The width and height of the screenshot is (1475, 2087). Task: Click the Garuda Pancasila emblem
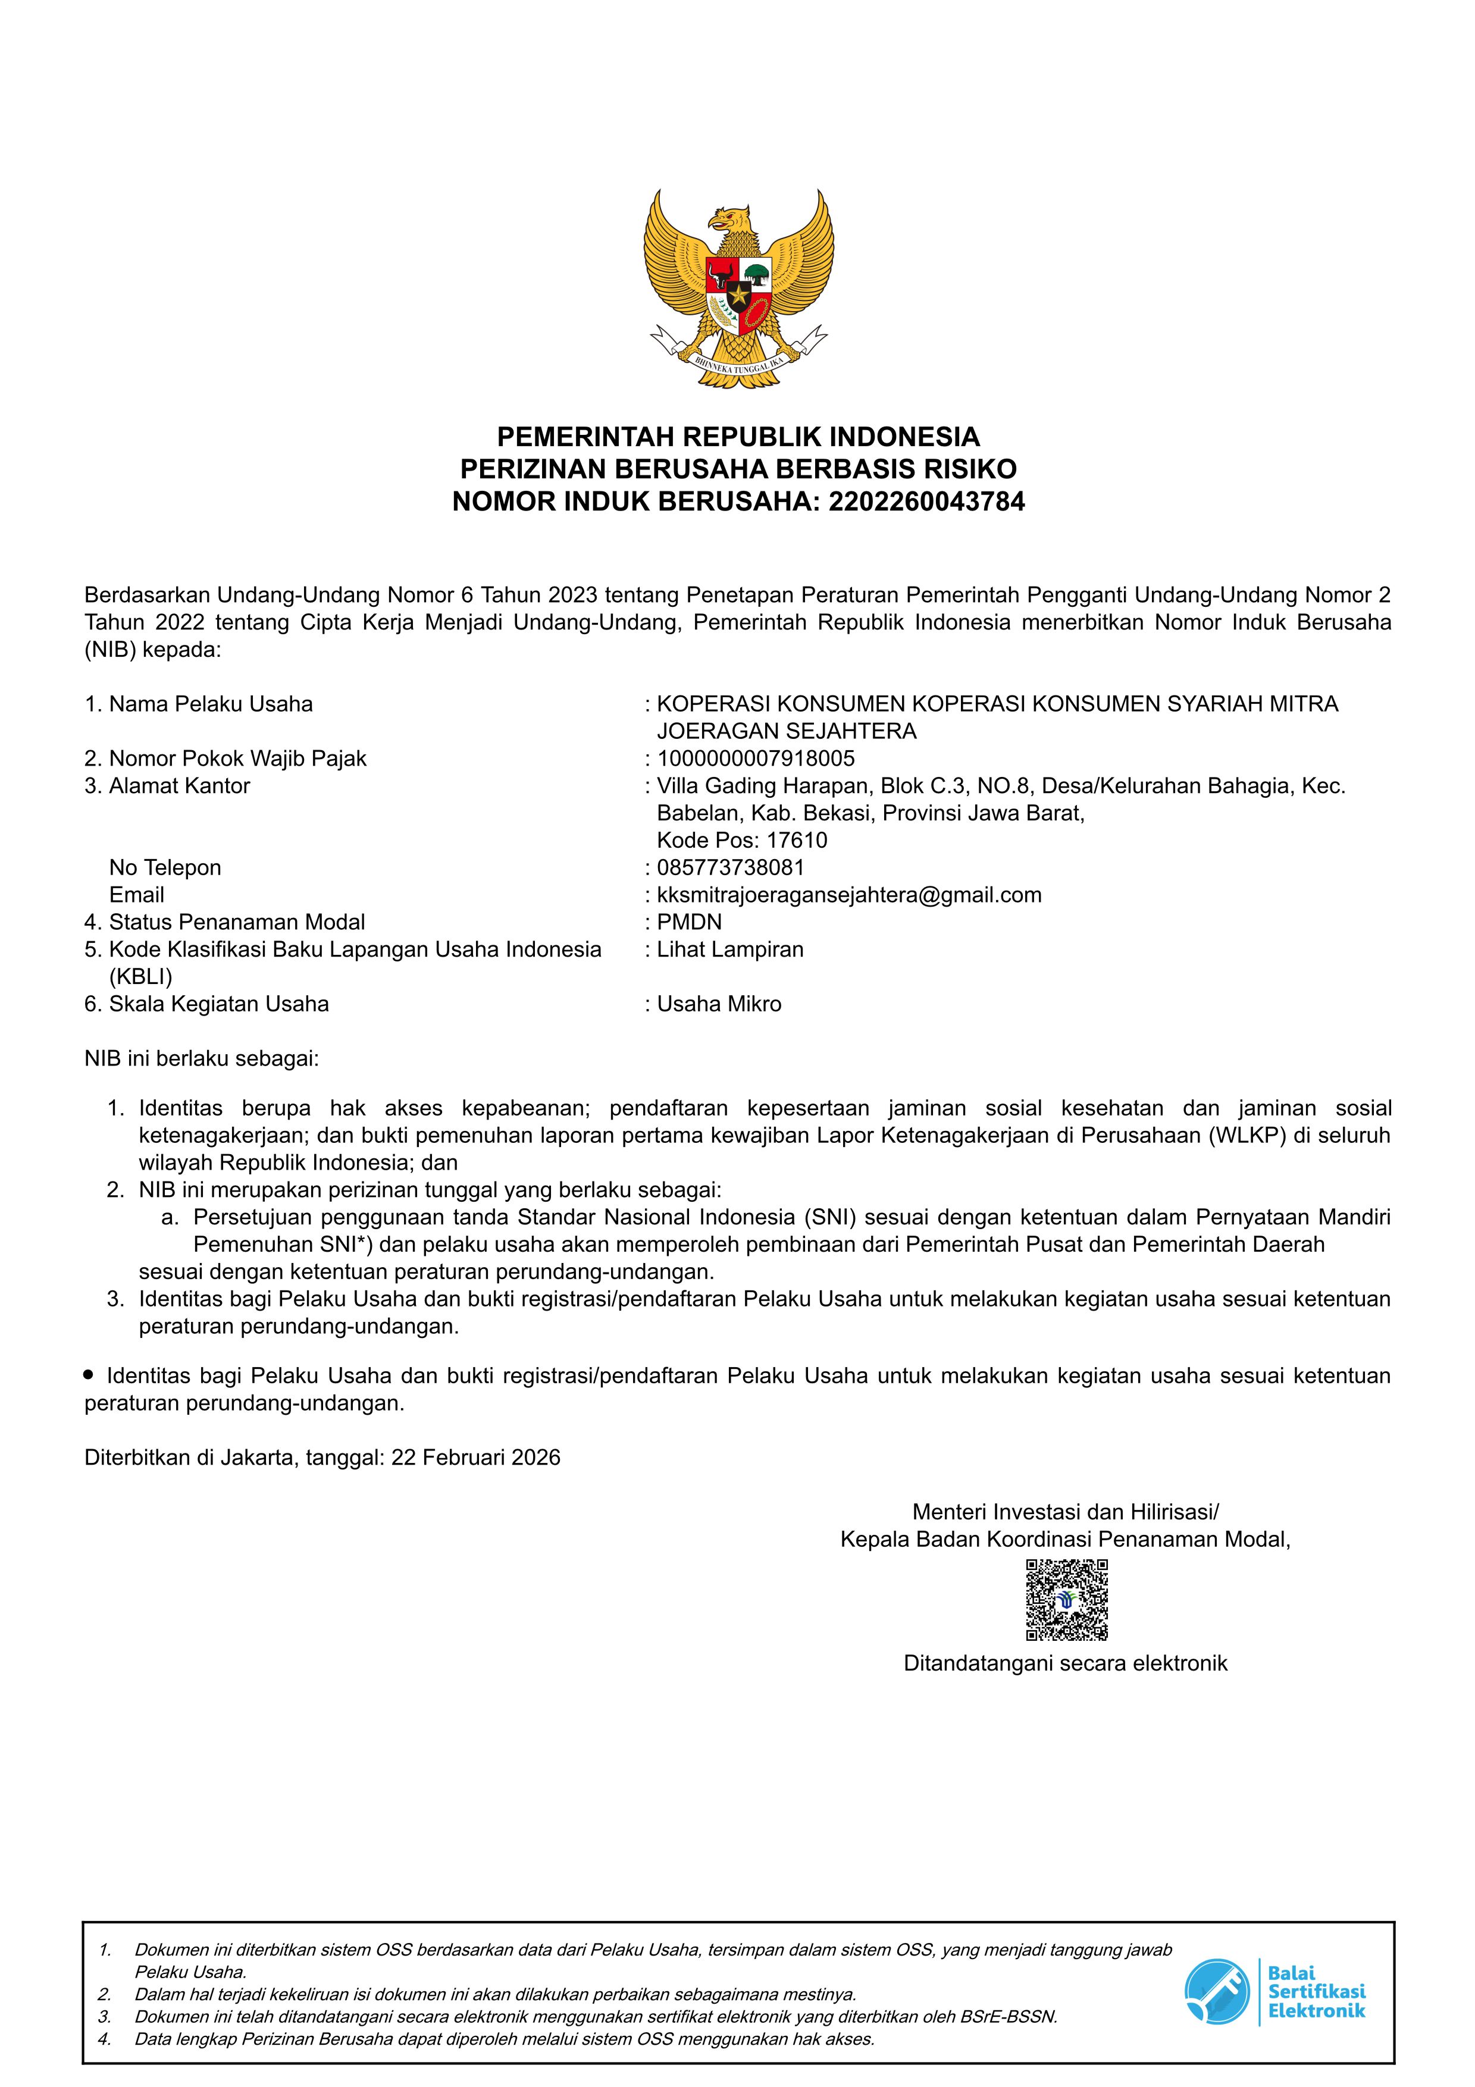click(738, 290)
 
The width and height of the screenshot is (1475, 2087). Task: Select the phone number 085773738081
click(731, 867)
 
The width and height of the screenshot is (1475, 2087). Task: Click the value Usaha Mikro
click(719, 1004)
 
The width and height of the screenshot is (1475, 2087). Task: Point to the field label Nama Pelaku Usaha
click(210, 704)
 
